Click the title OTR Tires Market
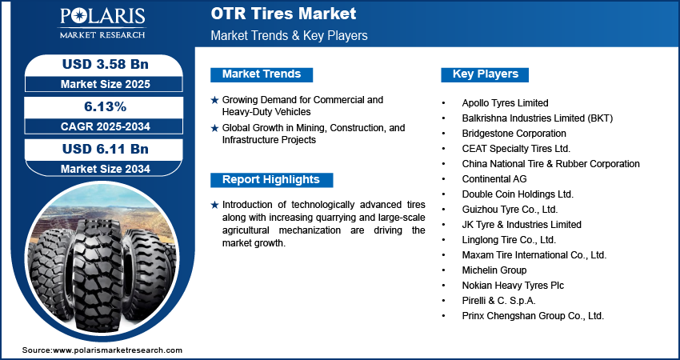(283, 14)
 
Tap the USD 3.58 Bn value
(100, 64)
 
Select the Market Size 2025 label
(100, 83)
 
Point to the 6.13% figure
(100, 106)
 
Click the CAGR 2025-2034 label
(100, 126)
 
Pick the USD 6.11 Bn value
(100, 149)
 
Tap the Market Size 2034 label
(100, 168)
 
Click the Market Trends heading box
(262, 74)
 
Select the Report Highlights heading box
(270, 179)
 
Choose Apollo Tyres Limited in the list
(505, 103)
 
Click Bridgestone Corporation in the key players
(514, 134)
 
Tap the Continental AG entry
(494, 179)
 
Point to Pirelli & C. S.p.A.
(498, 301)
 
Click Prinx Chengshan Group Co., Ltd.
(533, 316)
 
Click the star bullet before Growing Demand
(214, 100)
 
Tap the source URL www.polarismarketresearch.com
(118, 350)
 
